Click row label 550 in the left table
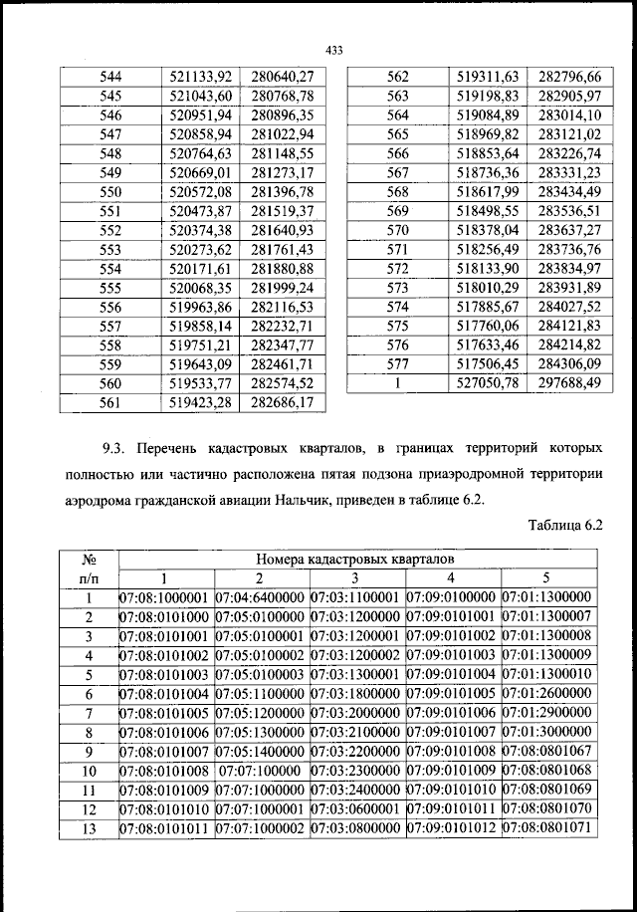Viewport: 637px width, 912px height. pos(110,192)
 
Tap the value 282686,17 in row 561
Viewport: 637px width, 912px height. pos(282,404)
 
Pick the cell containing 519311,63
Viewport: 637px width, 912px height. pos(488,77)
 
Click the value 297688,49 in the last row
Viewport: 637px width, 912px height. pos(570,383)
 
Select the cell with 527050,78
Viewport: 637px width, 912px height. pos(488,383)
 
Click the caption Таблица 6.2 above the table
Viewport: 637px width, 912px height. pos(568,524)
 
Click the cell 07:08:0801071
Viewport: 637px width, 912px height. pos(547,828)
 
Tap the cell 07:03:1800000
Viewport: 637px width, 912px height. pos(355,693)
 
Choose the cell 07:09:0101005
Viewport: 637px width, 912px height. pos(452,693)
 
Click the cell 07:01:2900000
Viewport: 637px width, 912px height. pos(547,713)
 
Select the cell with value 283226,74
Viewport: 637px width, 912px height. pos(570,153)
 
